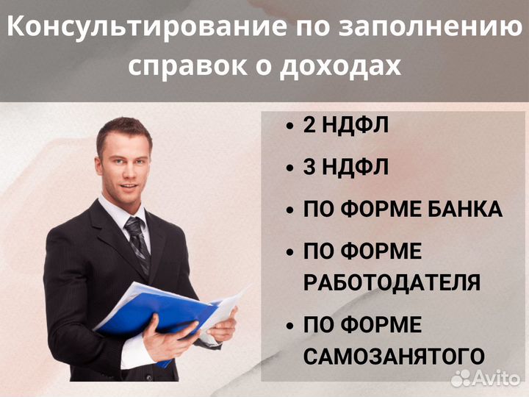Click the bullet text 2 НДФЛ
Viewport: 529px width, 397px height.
click(x=345, y=126)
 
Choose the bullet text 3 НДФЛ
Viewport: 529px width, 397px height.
click(x=345, y=168)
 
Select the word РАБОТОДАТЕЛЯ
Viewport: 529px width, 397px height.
click(x=392, y=283)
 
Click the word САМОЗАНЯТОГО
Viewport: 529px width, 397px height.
click(x=394, y=357)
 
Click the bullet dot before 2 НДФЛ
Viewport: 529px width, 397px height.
click(x=290, y=126)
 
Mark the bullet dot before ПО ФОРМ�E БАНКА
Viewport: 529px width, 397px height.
click(x=290, y=210)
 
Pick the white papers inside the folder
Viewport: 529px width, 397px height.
click(x=224, y=305)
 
